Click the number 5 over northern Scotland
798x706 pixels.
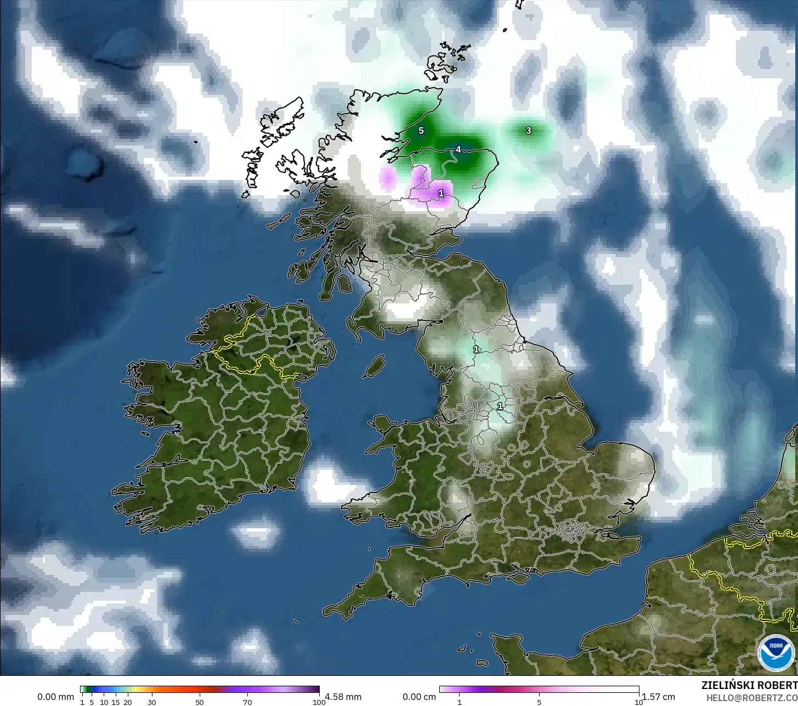coord(421,131)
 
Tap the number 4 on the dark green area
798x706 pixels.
coord(459,149)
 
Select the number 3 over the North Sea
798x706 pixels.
coord(528,131)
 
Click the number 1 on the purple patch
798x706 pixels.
coord(441,193)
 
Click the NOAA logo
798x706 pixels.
coord(775,653)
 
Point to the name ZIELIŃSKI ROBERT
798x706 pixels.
coord(749,685)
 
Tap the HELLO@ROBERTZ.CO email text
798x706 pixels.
coord(751,697)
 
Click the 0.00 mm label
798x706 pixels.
coord(55,697)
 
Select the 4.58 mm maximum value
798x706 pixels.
coord(343,697)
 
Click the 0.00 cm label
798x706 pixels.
coord(419,697)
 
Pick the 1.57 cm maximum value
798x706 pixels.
coord(658,697)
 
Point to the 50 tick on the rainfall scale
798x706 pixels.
coord(200,702)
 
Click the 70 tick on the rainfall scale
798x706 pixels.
coord(247,702)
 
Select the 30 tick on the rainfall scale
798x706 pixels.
coord(152,702)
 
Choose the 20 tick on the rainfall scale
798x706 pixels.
coord(128,702)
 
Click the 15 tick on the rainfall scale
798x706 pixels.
coord(116,702)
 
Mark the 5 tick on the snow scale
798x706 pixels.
coord(539,702)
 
